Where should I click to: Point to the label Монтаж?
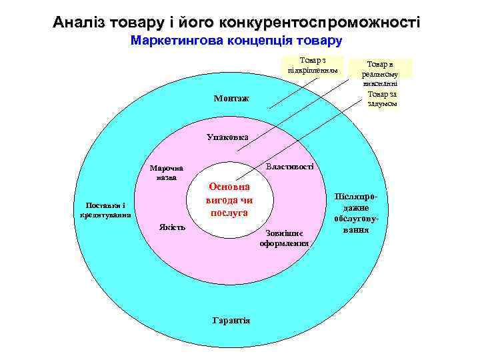click(x=231, y=99)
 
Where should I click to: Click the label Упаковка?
click(x=228, y=137)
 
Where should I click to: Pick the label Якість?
click(x=173, y=228)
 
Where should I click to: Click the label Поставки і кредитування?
click(x=105, y=209)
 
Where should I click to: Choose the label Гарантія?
click(x=231, y=321)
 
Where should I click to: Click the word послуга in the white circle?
click(x=229, y=213)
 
